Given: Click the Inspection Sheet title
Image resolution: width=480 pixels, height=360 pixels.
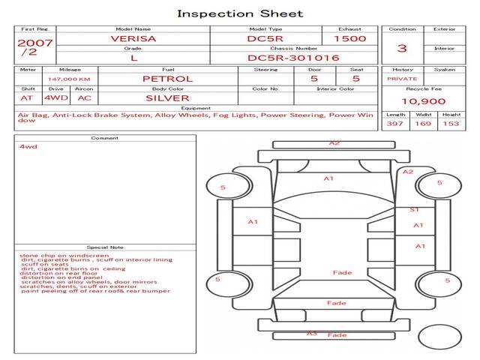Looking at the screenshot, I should click(240, 13).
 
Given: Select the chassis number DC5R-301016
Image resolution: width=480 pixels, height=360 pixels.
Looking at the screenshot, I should click(293, 58).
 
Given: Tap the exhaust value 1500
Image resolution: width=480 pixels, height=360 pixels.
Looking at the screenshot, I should click(349, 38).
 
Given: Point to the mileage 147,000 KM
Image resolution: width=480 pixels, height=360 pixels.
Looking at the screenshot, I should click(69, 79).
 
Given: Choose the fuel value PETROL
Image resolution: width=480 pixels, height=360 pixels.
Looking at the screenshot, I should click(168, 79).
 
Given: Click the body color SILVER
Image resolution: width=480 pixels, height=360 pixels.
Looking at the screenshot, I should click(167, 98).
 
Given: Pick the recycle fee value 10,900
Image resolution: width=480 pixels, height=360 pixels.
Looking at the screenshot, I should click(424, 101).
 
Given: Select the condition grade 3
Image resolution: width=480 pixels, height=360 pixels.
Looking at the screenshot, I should click(402, 49).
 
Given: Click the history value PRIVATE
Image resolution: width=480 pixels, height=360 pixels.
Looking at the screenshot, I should click(402, 79).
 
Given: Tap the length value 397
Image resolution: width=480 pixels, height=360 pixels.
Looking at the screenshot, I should click(395, 124).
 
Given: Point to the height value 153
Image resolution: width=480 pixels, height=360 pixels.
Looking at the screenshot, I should click(451, 124).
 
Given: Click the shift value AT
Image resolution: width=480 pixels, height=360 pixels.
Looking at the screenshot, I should click(27, 98).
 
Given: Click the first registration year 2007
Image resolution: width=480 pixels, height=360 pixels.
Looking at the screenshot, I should click(34, 43).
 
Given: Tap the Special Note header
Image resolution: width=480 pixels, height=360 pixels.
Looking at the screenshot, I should click(104, 247).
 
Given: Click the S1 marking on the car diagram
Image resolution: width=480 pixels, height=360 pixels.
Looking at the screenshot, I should click(414, 209).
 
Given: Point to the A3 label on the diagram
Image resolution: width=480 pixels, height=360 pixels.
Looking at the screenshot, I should click(312, 333).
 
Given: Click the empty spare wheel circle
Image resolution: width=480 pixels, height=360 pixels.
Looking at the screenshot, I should click(439, 339).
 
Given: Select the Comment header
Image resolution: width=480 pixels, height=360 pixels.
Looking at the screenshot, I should click(104, 138).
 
